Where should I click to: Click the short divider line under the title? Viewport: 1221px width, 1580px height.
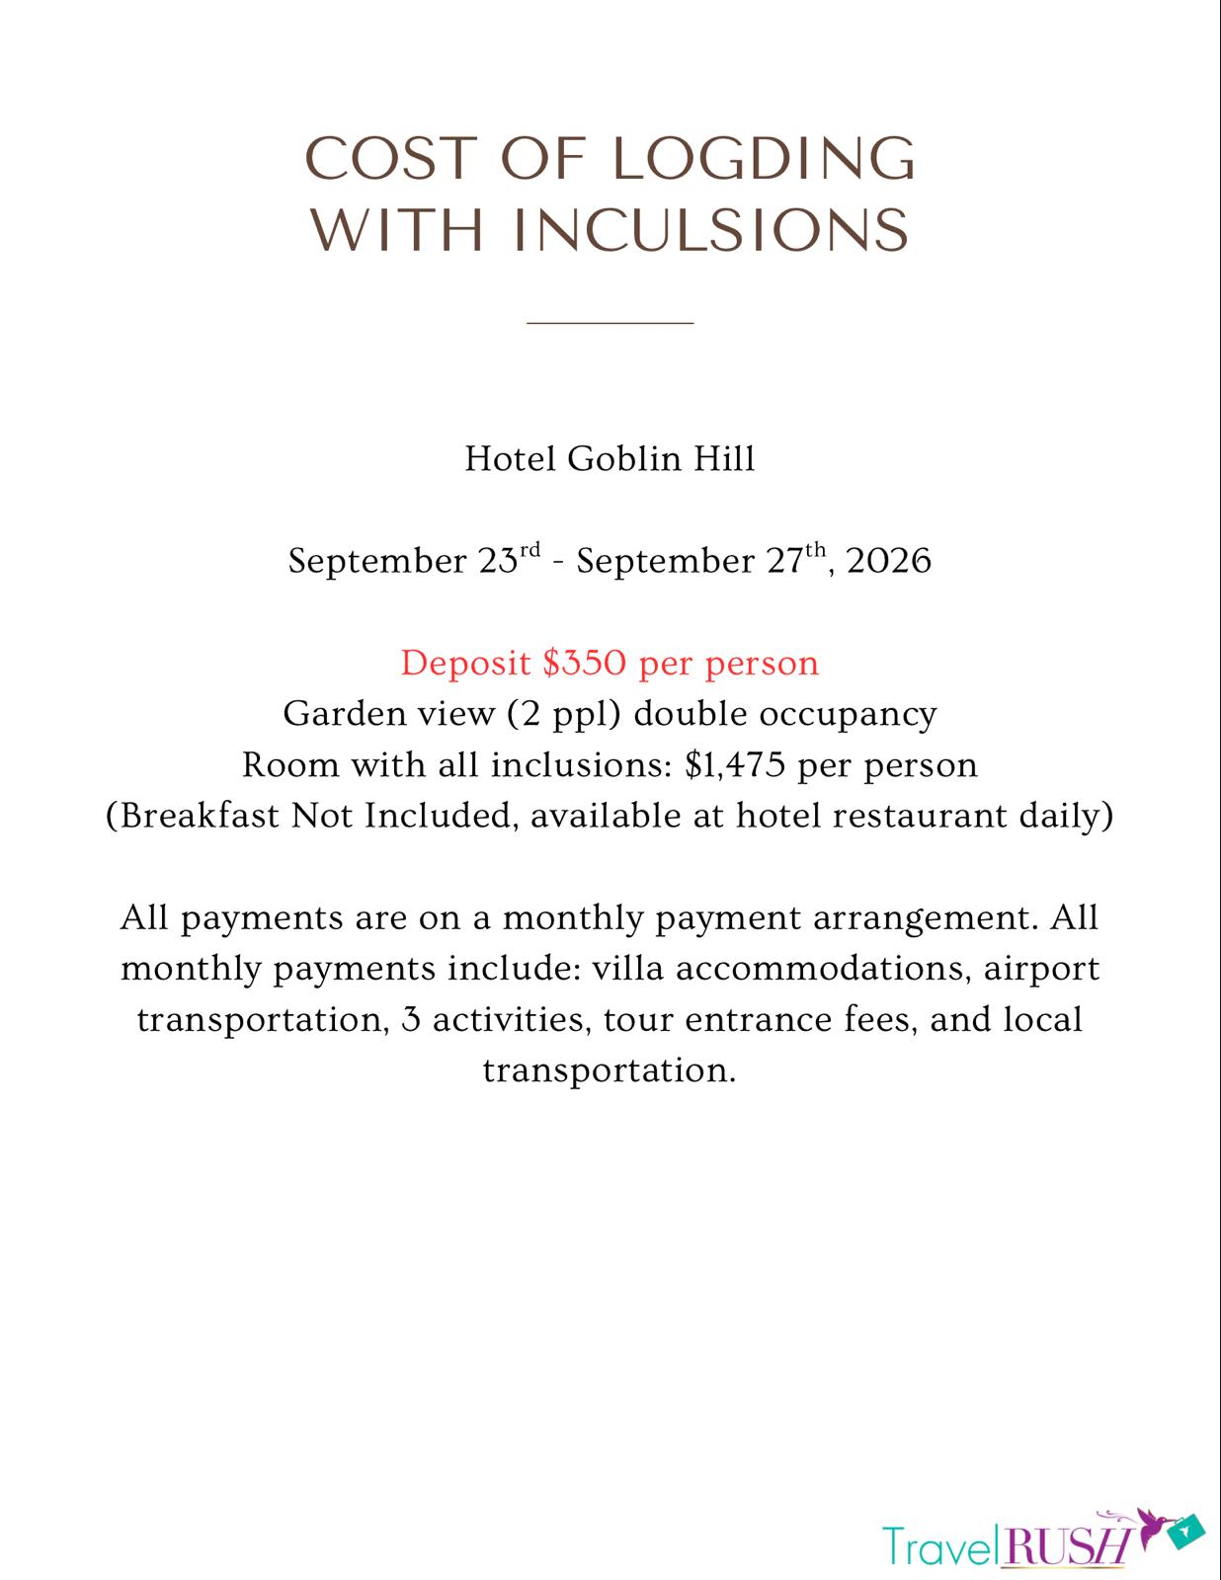pyautogui.click(x=610, y=322)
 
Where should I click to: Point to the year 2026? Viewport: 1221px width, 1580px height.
pyautogui.click(x=889, y=562)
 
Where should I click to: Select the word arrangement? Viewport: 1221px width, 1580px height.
pyautogui.click(x=926, y=918)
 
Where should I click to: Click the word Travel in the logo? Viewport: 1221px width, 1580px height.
pyautogui.click(x=939, y=1546)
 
